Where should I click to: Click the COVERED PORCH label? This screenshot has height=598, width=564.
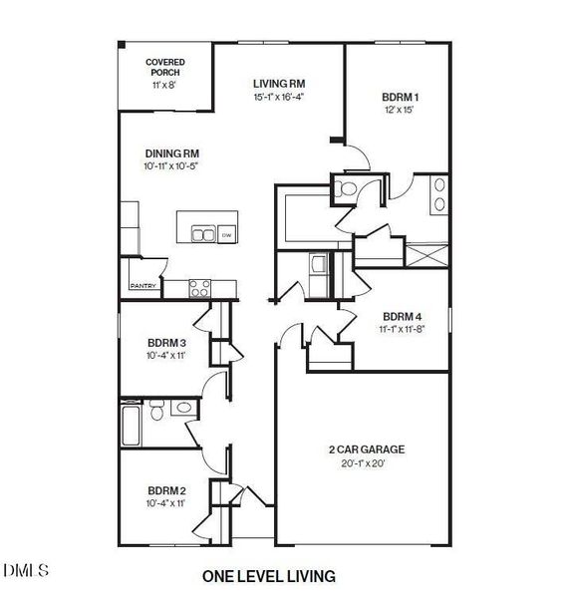pyautogui.click(x=165, y=67)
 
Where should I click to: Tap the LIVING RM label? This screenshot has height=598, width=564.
pyautogui.click(x=279, y=84)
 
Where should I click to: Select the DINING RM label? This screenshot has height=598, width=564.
pyautogui.click(x=172, y=153)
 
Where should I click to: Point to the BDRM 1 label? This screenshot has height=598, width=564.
pyautogui.click(x=400, y=98)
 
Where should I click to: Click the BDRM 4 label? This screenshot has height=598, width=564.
pyautogui.click(x=402, y=317)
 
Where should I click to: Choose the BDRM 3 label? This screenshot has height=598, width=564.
pyautogui.click(x=166, y=343)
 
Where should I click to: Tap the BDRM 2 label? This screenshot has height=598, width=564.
pyautogui.click(x=166, y=490)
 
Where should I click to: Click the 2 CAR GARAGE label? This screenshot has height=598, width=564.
pyautogui.click(x=367, y=449)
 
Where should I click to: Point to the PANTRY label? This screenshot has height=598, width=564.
pyautogui.click(x=143, y=286)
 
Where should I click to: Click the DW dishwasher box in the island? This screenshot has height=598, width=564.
pyautogui.click(x=227, y=234)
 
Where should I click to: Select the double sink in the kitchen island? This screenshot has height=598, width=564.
pyautogui.click(x=203, y=234)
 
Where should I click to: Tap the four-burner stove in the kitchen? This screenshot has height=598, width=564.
pyautogui.click(x=200, y=288)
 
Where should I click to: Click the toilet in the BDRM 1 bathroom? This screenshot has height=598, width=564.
pyautogui.click(x=345, y=188)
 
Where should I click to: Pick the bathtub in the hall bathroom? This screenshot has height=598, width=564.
pyautogui.click(x=131, y=426)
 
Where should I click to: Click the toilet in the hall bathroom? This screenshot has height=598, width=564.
pyautogui.click(x=156, y=410)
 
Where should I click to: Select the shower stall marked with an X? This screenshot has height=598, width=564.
pyautogui.click(x=426, y=255)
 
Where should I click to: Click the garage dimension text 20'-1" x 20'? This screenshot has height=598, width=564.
pyautogui.click(x=363, y=463)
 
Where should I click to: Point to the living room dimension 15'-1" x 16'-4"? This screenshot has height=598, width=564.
pyautogui.click(x=279, y=97)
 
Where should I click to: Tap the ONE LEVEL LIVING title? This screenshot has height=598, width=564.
pyautogui.click(x=269, y=576)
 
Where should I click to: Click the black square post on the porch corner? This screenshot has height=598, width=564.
pyautogui.click(x=122, y=45)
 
